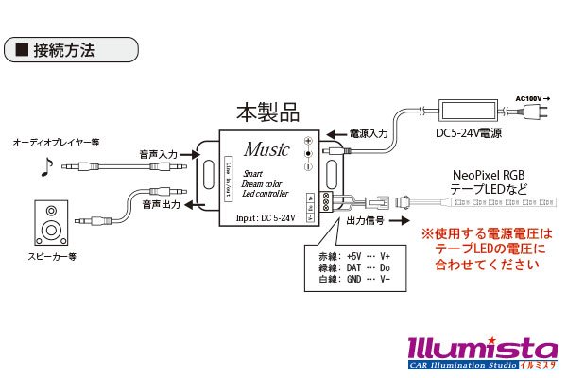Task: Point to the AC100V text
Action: [x=531, y=96]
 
